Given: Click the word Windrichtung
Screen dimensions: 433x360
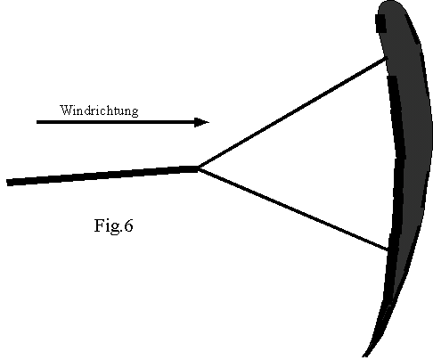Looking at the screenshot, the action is click(x=99, y=110).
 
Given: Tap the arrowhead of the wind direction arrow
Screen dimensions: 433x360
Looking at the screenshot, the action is click(x=202, y=122).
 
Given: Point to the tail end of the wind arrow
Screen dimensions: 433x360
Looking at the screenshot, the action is click(x=37, y=122).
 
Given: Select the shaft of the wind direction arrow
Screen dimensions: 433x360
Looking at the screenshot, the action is click(x=116, y=122).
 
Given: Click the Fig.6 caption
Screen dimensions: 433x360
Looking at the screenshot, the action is click(x=113, y=225).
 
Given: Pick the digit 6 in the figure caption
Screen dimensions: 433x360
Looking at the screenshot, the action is click(x=128, y=225).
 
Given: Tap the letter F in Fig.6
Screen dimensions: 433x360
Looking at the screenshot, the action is click(x=99, y=225).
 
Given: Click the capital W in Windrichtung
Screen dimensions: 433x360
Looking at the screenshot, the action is click(x=66, y=110).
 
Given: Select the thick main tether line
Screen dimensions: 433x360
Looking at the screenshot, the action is click(x=102, y=176).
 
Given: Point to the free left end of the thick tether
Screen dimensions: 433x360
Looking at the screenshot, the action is click(x=7, y=183).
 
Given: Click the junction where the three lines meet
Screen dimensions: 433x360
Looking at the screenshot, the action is click(x=199, y=168).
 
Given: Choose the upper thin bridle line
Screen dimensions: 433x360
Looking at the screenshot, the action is click(x=292, y=113).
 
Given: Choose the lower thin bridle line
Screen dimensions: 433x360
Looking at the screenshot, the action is click(x=293, y=209).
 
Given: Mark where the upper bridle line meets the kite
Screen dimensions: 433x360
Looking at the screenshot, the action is click(x=386, y=59).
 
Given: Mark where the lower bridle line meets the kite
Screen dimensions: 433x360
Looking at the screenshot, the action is click(x=388, y=250).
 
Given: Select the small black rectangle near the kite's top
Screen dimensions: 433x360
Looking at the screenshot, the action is click(x=380, y=23).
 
